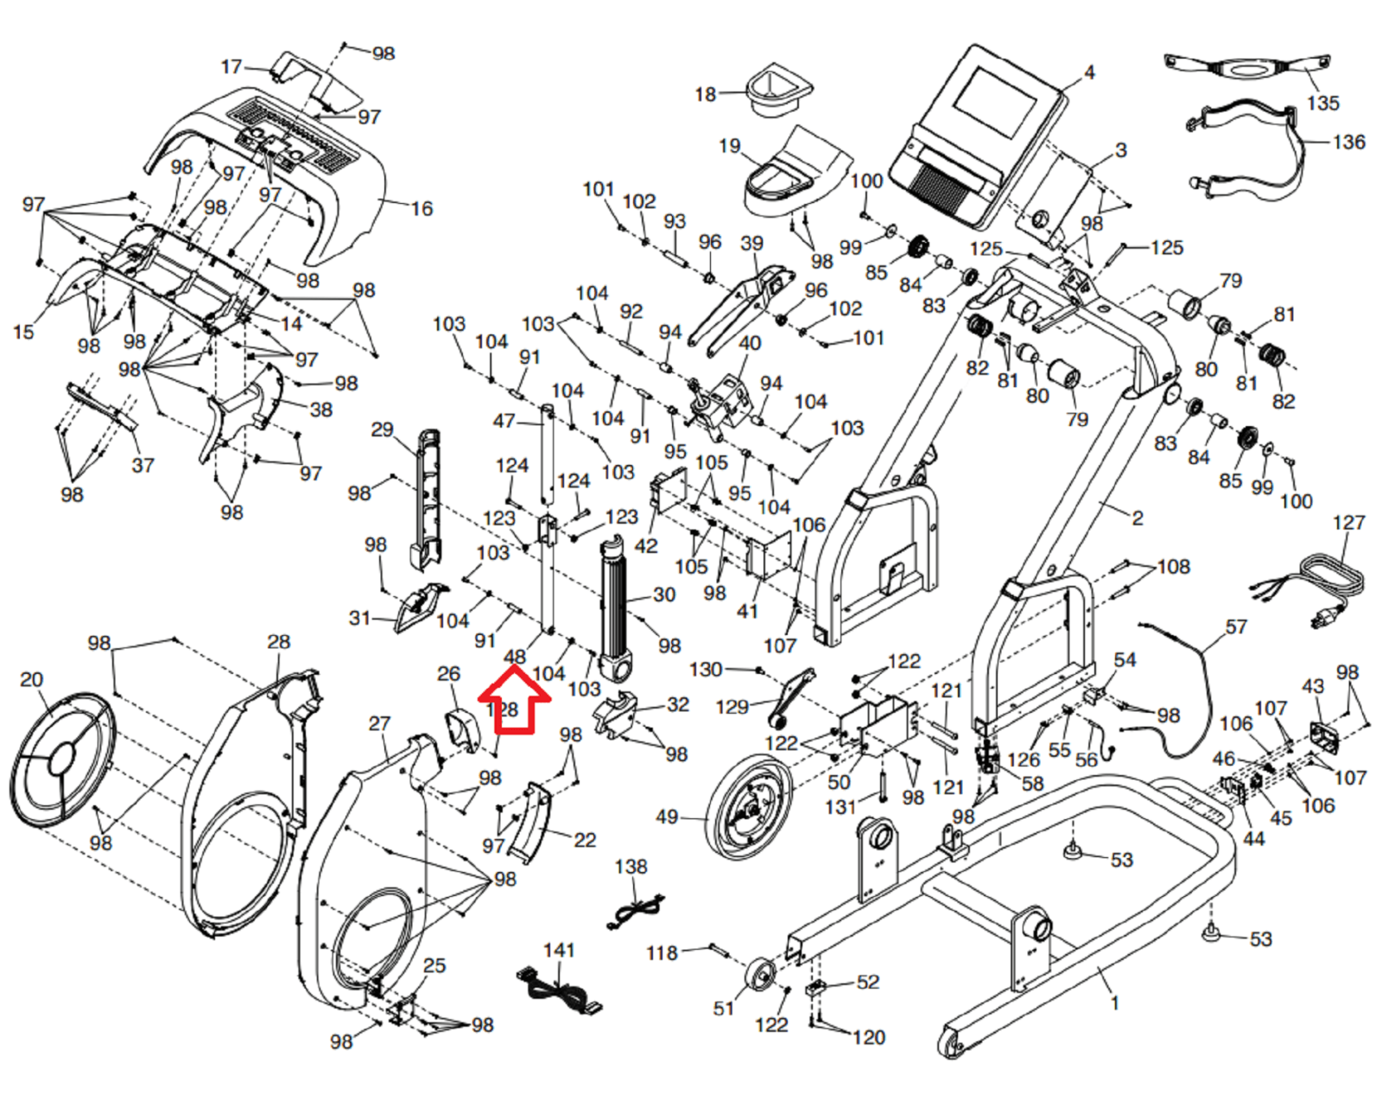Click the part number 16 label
(422, 208)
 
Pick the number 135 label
(1323, 103)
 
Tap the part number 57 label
(1235, 626)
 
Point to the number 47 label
(504, 421)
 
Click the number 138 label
(631, 867)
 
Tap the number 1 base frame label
(1114, 1003)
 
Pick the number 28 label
(278, 641)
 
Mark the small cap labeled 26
(463, 729)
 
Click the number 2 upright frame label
(1137, 518)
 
